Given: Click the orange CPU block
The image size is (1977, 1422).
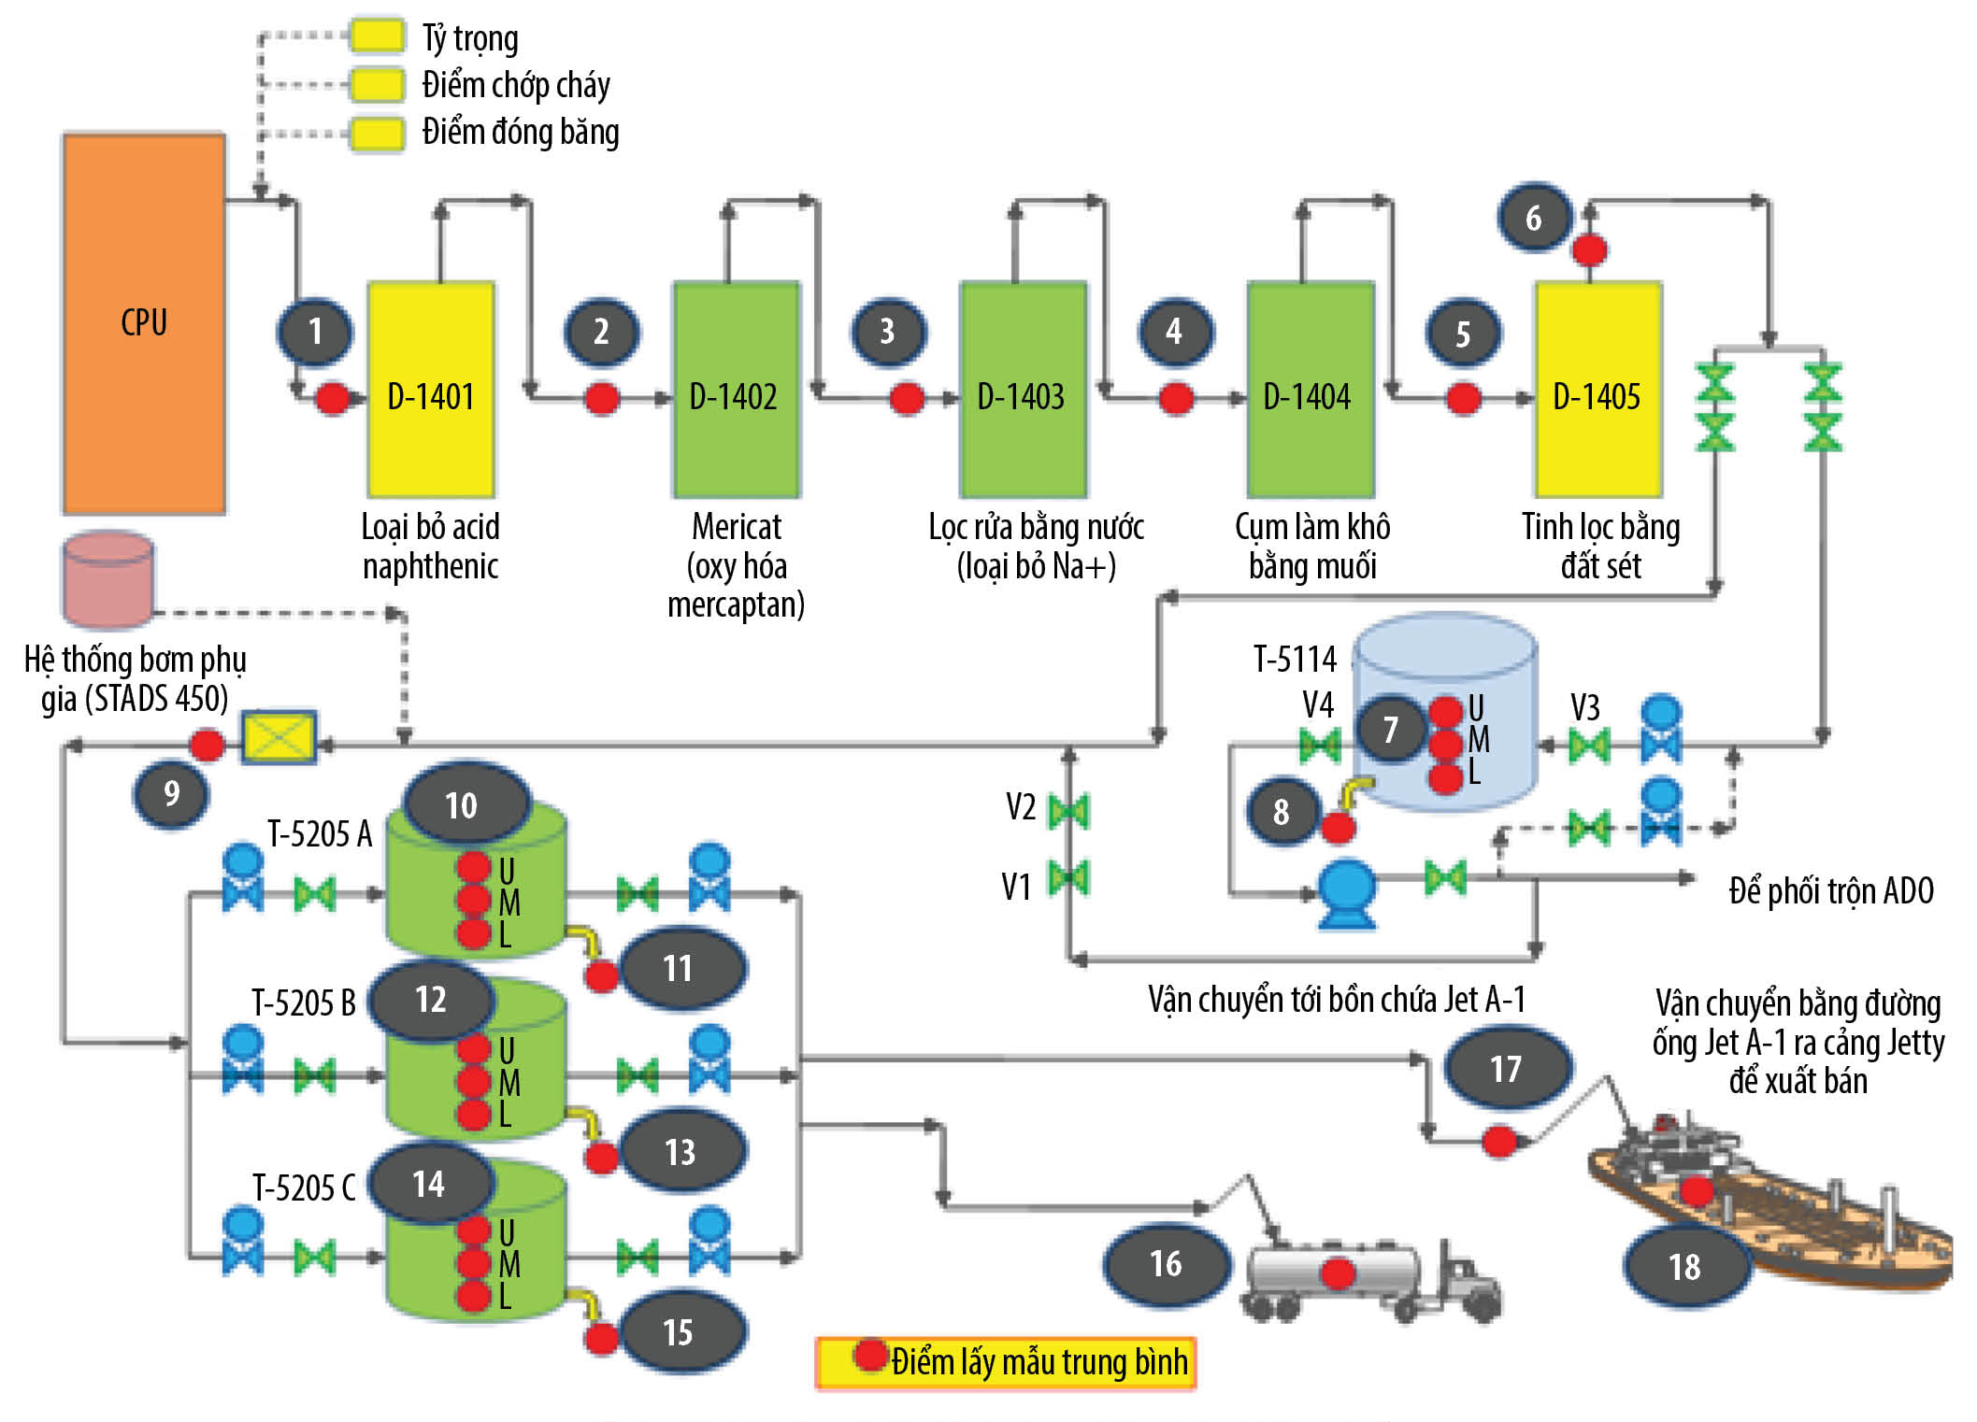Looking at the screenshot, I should [144, 323].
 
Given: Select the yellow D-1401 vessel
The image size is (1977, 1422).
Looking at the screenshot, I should [431, 389].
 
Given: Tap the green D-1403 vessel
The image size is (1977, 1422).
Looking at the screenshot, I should [1023, 389].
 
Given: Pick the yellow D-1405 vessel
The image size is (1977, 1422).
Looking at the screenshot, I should [1598, 389].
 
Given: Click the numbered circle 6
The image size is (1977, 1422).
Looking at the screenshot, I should [1534, 218].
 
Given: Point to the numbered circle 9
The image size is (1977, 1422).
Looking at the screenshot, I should [171, 793].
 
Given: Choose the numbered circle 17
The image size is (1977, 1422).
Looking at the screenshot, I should [1506, 1068].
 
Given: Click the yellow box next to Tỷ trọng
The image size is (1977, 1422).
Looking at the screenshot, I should [378, 36].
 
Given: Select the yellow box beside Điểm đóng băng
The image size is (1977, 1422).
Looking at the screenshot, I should [378, 133].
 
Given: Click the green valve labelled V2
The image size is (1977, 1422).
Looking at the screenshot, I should [1068, 810].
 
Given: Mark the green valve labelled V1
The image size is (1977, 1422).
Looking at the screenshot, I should [1068, 878].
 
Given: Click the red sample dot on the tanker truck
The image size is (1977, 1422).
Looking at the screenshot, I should [1338, 1273].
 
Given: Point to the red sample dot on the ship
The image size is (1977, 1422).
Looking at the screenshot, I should [1697, 1189].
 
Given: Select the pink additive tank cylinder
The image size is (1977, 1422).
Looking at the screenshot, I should [108, 579].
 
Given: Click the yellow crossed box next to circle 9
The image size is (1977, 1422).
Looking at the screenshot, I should [279, 738].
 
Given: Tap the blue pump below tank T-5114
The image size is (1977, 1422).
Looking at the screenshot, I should [1346, 893].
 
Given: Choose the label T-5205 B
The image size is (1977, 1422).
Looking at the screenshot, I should [304, 1003].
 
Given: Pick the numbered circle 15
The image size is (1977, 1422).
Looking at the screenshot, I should [679, 1331].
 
